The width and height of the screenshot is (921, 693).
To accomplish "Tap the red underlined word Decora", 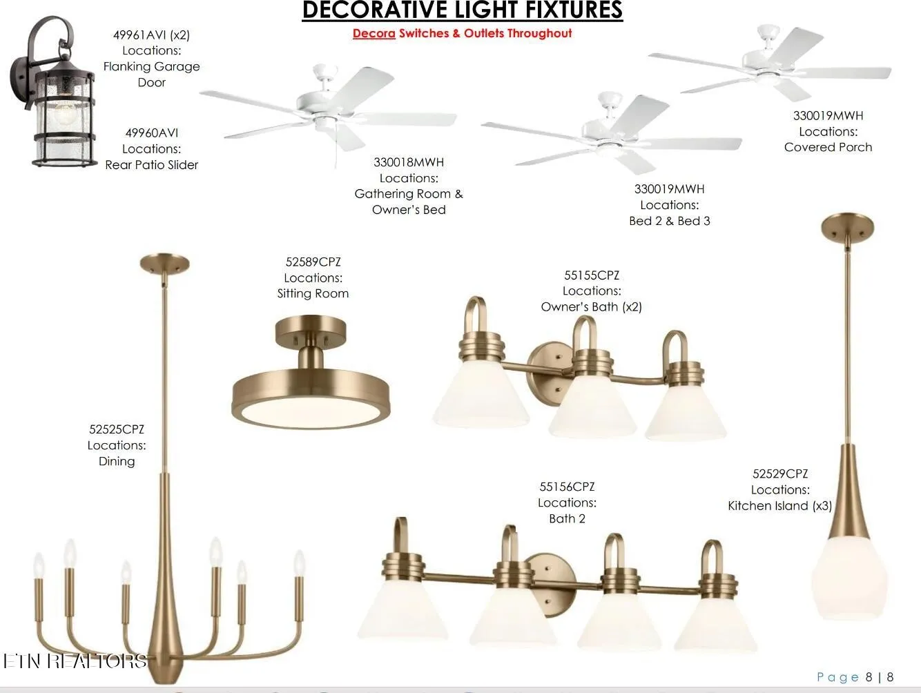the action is [374, 33].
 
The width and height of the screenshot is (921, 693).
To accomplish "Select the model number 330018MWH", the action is [409, 162].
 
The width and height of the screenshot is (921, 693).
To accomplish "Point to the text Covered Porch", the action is [828, 147].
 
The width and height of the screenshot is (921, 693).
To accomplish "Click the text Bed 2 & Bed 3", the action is [669, 221].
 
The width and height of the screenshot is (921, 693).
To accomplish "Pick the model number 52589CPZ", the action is [313, 262].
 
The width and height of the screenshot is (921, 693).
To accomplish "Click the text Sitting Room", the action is [313, 293].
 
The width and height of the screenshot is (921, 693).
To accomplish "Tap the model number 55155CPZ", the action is [591, 275].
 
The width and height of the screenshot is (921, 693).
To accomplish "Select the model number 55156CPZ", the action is [567, 487].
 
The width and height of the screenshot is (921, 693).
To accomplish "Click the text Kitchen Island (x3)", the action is [780, 506].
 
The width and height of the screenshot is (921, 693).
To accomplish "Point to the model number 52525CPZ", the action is [117, 429].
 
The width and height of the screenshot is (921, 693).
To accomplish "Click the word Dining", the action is [117, 462].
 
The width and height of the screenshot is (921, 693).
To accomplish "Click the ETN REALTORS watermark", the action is [75, 661].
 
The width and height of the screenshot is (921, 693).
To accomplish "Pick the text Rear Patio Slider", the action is [151, 165].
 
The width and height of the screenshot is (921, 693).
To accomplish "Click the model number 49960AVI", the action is [151, 133].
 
